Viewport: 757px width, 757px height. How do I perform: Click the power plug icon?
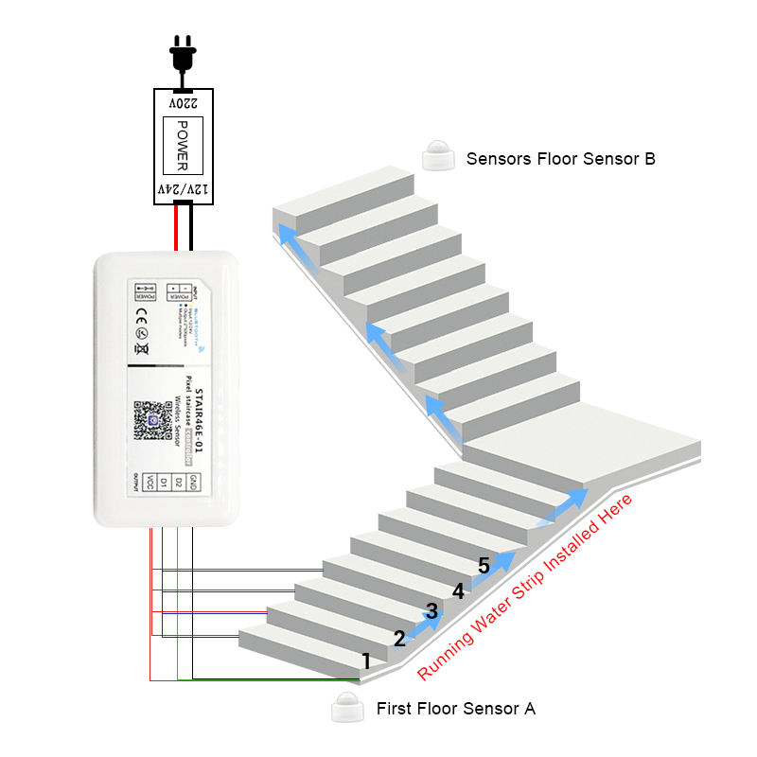(184, 54)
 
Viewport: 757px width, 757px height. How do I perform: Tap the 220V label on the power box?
(184, 101)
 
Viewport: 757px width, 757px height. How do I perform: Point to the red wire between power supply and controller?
(176, 228)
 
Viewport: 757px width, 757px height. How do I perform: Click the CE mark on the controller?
(142, 331)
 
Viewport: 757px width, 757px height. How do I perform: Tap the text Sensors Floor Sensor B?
(560, 159)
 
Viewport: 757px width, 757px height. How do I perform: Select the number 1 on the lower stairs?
(366, 661)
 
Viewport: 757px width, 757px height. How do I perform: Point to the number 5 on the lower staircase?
(484, 567)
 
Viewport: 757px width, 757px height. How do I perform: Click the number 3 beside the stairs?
(431, 611)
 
